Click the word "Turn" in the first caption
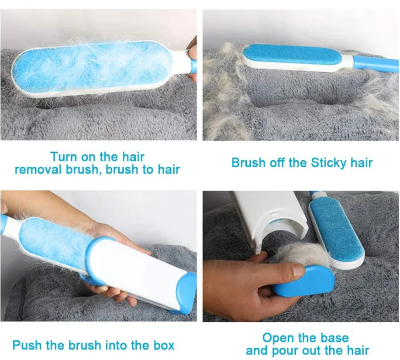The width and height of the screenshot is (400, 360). pyautogui.click(x=63, y=157)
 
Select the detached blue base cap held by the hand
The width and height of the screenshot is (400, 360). pyautogui.click(x=303, y=281)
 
